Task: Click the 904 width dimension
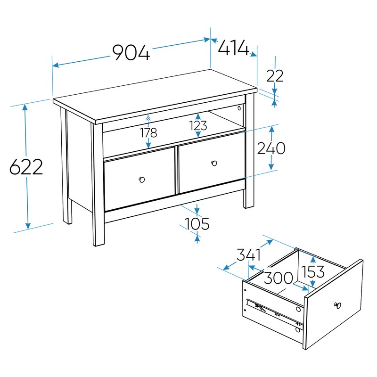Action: coord(131,52)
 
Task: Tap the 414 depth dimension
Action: coord(233,48)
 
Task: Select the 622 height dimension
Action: coord(26,167)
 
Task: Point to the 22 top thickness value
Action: coord(275,76)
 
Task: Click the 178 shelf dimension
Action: coord(148,132)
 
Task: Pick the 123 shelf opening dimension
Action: coord(198,125)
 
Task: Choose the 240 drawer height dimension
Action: coord(271,148)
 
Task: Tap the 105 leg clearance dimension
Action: coord(197,223)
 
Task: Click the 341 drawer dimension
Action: coord(249,255)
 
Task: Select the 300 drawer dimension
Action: coord(279,278)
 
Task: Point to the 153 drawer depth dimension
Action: coord(313,271)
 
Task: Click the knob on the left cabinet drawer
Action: coord(142,180)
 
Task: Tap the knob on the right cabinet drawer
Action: coord(214,164)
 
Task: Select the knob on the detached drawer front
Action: coord(337,305)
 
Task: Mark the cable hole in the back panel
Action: coord(239,108)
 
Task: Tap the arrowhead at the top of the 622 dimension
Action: coord(25,107)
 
